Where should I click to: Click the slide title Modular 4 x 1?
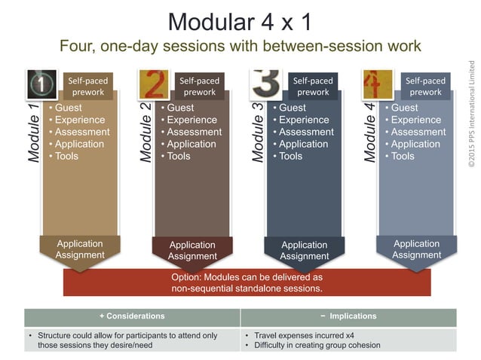pos(240,20)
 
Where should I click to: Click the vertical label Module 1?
pos(32,134)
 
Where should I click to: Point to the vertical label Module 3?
pos(257,134)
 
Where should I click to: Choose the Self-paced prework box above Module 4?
pos(425,86)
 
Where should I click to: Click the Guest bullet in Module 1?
pos(68,108)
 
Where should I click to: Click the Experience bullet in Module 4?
pos(415,120)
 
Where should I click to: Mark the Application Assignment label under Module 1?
pos(79,249)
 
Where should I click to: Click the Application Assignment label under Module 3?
pos(304,250)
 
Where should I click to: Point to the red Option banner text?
pos(247,282)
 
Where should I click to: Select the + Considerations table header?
pos(131,316)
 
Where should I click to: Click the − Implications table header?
pos(348,316)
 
